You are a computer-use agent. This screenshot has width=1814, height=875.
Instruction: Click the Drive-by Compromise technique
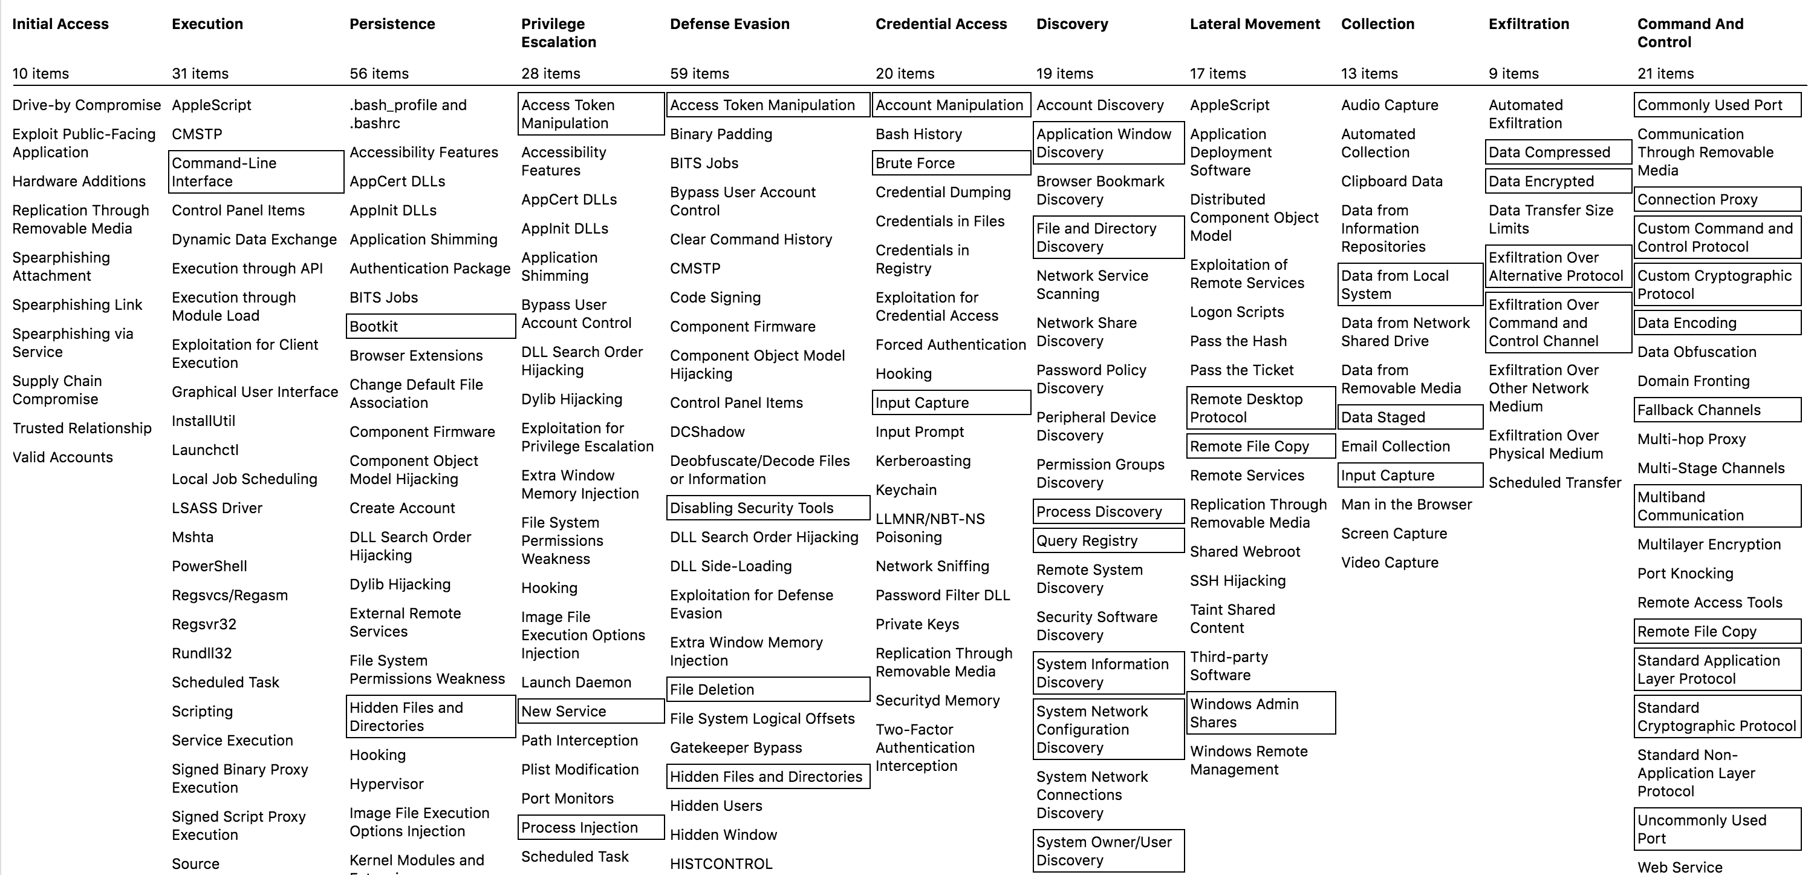click(86, 105)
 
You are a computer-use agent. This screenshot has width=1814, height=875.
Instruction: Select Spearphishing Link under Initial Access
click(77, 304)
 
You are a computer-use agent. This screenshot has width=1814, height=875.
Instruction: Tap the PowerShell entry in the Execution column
click(209, 566)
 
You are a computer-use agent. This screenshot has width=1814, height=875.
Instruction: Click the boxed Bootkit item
click(431, 326)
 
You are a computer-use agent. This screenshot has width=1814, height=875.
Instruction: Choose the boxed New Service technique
click(590, 711)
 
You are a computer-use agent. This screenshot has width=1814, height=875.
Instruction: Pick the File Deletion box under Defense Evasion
click(767, 689)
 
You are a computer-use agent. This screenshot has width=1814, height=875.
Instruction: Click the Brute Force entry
click(950, 163)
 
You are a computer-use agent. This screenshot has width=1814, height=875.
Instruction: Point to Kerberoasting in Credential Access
click(923, 460)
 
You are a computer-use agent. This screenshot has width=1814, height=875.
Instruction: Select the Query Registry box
click(1108, 540)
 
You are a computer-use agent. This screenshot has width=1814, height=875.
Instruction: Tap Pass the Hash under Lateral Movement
click(1238, 341)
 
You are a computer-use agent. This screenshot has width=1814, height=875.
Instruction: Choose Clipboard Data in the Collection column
click(1391, 181)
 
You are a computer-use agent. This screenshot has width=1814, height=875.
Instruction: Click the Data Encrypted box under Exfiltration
click(1558, 181)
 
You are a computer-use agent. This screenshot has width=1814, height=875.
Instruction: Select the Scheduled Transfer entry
click(1555, 483)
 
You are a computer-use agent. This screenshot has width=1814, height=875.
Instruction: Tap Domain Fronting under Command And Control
click(1693, 381)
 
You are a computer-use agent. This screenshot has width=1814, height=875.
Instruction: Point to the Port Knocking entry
click(1685, 574)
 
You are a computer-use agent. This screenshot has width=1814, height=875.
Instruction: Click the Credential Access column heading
click(941, 24)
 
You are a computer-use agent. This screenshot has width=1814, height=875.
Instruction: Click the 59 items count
click(699, 73)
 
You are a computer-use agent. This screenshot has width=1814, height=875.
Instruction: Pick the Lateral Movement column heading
click(1255, 24)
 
